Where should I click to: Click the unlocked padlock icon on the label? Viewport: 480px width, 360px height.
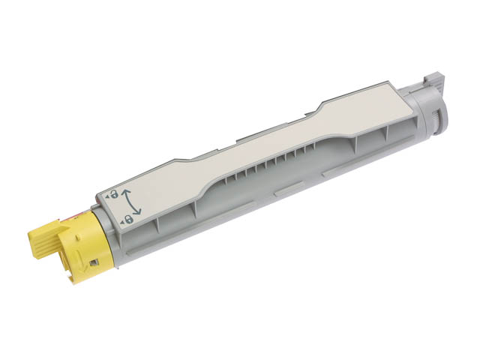[113, 193]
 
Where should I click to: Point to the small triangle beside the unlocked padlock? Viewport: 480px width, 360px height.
[106, 194]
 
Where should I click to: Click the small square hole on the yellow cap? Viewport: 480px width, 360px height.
[93, 262]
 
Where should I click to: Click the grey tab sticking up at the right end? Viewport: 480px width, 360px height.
[434, 79]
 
